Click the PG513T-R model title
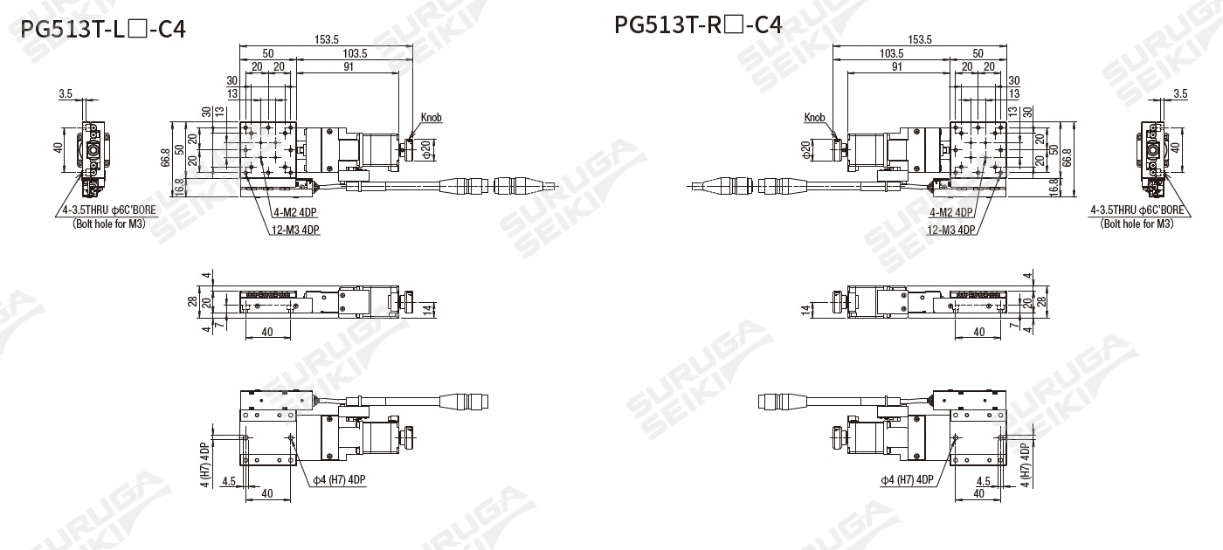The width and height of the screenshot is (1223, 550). tap(698, 24)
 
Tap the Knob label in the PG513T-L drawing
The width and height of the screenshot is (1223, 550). tap(432, 117)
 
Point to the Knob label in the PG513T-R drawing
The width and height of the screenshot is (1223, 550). tap(814, 117)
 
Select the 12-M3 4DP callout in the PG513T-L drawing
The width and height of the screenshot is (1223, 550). tap(295, 230)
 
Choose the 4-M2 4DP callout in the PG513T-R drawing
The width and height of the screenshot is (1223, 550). tap(951, 212)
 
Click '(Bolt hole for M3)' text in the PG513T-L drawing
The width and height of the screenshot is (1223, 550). tap(109, 223)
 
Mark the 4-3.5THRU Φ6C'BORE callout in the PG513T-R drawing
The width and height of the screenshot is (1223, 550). tap(1137, 210)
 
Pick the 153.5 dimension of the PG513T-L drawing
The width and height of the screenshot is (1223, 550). tap(327, 39)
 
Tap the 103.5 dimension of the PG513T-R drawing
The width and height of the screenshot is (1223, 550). tap(892, 53)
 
